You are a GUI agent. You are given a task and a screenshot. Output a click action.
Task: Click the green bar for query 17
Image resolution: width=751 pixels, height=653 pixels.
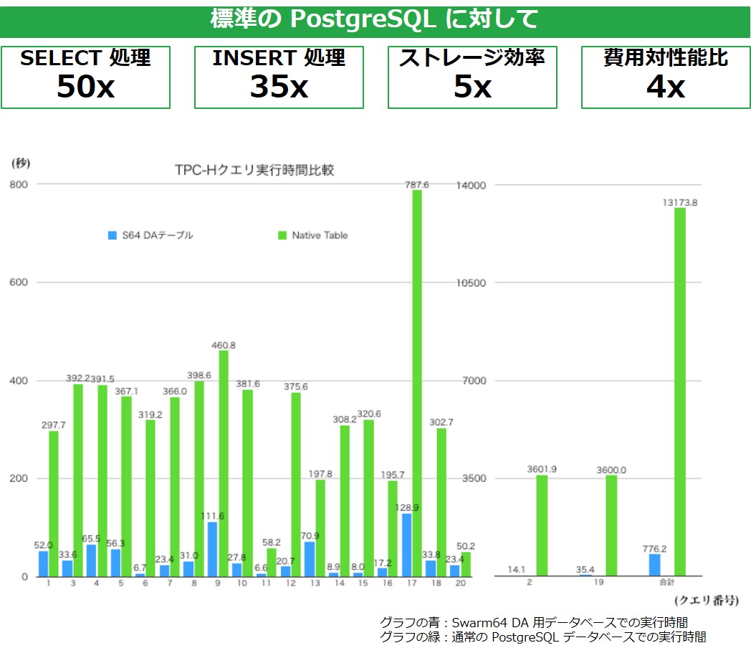pos(416,383)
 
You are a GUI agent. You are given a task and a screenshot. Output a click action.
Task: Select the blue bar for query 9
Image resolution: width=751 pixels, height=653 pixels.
pos(212,549)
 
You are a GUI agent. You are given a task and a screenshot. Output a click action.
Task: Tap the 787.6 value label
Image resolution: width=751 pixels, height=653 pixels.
pos(416,184)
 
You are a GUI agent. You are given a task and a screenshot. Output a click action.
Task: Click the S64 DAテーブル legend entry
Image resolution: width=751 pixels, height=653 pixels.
pos(150,235)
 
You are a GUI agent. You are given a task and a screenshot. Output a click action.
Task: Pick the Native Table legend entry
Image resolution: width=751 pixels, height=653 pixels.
pos(312,235)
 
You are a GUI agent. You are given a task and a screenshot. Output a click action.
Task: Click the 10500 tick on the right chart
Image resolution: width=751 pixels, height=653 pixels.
pos(472,282)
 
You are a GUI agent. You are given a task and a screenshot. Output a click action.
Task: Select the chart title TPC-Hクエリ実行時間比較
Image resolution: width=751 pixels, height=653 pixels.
pos(254,170)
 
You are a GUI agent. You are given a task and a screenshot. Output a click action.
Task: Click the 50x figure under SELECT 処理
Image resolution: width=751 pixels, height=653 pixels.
pos(85,87)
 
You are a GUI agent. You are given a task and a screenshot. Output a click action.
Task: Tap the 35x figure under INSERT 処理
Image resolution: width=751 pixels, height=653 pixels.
pos(279,87)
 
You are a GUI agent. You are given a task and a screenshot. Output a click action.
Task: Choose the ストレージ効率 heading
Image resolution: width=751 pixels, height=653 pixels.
pos(472,58)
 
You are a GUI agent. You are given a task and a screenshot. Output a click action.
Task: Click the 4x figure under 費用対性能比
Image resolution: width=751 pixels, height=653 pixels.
pos(666,87)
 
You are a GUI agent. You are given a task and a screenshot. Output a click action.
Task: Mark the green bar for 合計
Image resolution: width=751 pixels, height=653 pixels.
pos(679,391)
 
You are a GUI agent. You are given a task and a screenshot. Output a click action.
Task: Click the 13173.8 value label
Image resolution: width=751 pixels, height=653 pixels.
pos(679,203)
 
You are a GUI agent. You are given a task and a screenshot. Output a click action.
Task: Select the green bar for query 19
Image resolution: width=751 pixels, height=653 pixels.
pos(611,525)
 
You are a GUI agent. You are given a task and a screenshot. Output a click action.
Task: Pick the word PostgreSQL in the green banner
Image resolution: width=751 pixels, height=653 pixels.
pos(362,19)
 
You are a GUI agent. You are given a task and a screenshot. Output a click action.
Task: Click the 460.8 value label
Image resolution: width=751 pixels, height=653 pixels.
pos(224,345)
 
